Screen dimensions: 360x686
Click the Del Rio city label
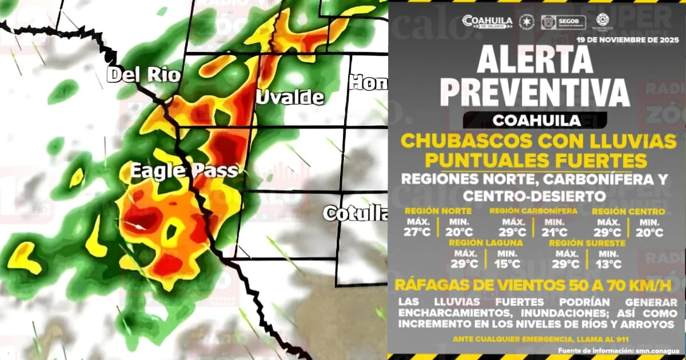[143, 75]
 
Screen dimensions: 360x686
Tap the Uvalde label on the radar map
[290, 97]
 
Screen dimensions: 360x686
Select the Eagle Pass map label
[184, 171]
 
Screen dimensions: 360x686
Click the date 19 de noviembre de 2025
[627, 40]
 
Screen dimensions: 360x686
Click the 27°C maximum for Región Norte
[418, 233]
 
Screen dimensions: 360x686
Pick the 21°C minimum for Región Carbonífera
[555, 233]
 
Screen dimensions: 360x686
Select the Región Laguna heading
[486, 243]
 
